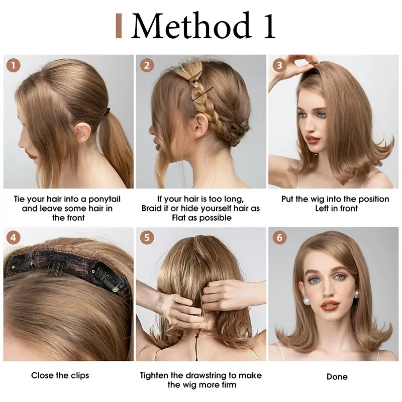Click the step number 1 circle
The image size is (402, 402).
(x=14, y=65)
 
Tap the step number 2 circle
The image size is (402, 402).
(x=147, y=65)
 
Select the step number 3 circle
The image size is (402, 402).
(x=279, y=65)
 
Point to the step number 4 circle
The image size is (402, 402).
(x=14, y=238)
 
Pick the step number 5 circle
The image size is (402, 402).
(x=147, y=238)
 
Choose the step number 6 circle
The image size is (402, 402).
(x=279, y=238)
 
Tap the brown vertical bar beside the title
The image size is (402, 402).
(x=119, y=26)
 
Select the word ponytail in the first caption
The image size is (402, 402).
(x=104, y=199)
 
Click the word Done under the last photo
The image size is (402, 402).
(x=337, y=377)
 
